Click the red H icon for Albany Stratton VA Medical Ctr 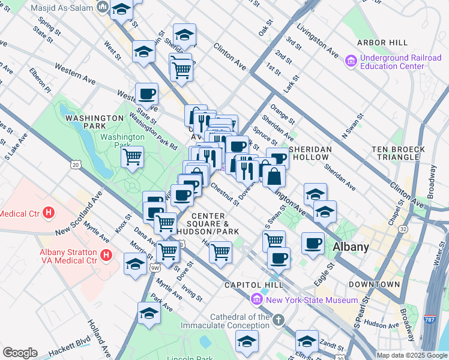[106, 256]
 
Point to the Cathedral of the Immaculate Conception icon [277, 320]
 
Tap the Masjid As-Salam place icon [103, 7]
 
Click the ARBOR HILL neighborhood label [382, 43]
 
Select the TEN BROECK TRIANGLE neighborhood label [398, 153]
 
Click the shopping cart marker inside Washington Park [132, 157]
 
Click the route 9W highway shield [154, 268]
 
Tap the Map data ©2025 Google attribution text [411, 355]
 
